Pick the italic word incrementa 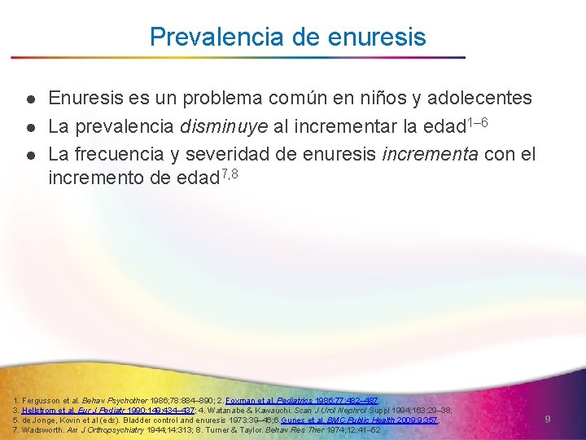click(x=434, y=154)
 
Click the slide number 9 click(x=548, y=419)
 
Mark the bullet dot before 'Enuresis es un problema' click(x=28, y=99)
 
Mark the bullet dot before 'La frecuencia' click(x=28, y=155)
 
